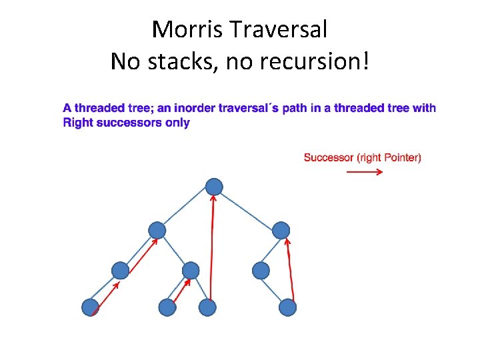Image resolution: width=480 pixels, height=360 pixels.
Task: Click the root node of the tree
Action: pyautogui.click(x=214, y=187)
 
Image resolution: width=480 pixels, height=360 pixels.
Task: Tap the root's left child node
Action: pyautogui.click(x=157, y=231)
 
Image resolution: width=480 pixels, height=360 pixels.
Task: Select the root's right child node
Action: pyautogui.click(x=281, y=231)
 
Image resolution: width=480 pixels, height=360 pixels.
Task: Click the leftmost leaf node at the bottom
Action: pyautogui.click(x=90, y=307)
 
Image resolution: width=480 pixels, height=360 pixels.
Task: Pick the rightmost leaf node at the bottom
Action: pyautogui.click(x=287, y=307)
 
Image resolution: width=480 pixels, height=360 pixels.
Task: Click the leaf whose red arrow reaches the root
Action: pyautogui.click(x=208, y=307)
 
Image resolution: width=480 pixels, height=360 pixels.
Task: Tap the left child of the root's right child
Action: pyautogui.click(x=261, y=270)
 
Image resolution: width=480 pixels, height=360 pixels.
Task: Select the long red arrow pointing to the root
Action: pyautogui.click(x=213, y=247)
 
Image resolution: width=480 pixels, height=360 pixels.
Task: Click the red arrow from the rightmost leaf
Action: pyautogui.click(x=291, y=270)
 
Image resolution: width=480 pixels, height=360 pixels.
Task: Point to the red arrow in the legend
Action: pyautogui.click(x=365, y=172)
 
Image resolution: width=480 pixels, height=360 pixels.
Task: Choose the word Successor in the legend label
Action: pyautogui.click(x=329, y=157)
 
